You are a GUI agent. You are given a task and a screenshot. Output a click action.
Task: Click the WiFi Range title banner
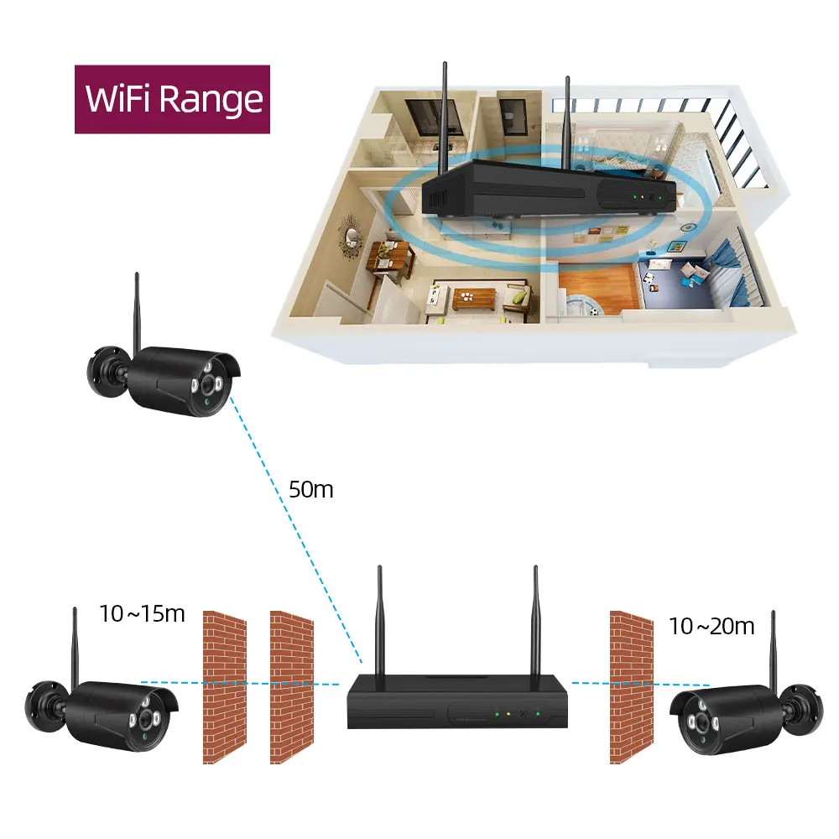pos(172,99)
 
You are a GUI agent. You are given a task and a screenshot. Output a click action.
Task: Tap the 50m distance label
pos(310,489)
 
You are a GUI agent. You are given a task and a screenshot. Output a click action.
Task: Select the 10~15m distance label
pos(142,613)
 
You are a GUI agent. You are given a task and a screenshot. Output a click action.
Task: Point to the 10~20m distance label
pos(711,625)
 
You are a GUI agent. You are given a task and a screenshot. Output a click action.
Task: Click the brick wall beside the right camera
pos(631,686)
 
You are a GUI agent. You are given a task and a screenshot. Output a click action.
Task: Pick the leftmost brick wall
pos(225,686)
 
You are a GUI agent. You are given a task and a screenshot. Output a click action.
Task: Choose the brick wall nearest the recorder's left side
pos(291,686)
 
